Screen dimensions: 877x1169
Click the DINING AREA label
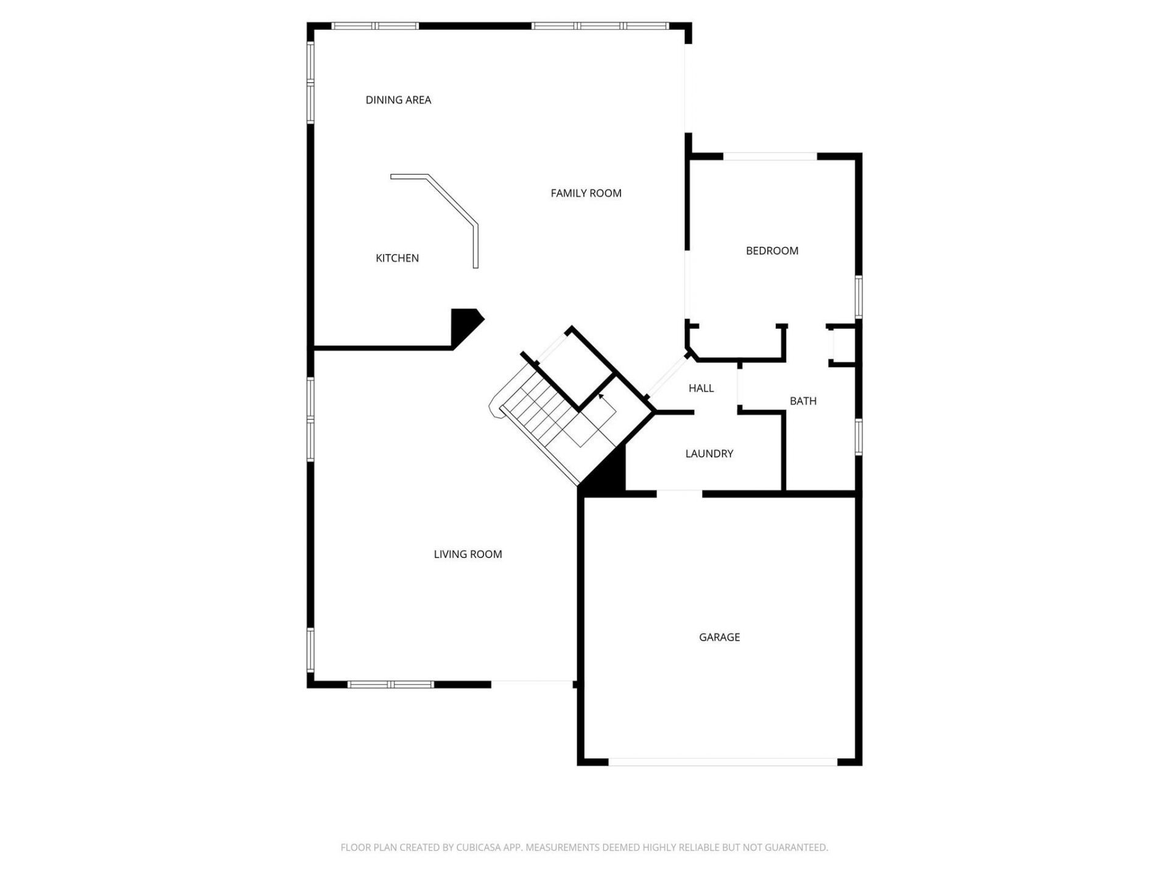[x=398, y=100]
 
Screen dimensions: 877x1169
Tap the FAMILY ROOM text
[x=586, y=193]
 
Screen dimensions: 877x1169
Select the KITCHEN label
[x=397, y=258]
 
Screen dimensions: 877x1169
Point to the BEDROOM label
[x=772, y=250]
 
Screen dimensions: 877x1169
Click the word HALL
[x=701, y=388]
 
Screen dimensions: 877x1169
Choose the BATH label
[x=803, y=401]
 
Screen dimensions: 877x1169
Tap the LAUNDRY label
[x=709, y=453]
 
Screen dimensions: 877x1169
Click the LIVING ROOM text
[x=468, y=554]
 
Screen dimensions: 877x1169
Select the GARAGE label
[x=719, y=637]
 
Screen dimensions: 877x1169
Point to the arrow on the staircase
[x=602, y=397]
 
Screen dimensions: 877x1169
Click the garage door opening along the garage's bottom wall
[x=723, y=762]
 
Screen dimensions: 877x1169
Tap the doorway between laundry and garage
[x=679, y=493]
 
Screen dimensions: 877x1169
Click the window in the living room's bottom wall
[x=390, y=685]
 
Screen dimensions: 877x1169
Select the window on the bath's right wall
[x=858, y=437]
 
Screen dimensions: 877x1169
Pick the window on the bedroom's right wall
[x=858, y=297]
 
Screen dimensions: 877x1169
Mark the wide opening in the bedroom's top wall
[x=770, y=157]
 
